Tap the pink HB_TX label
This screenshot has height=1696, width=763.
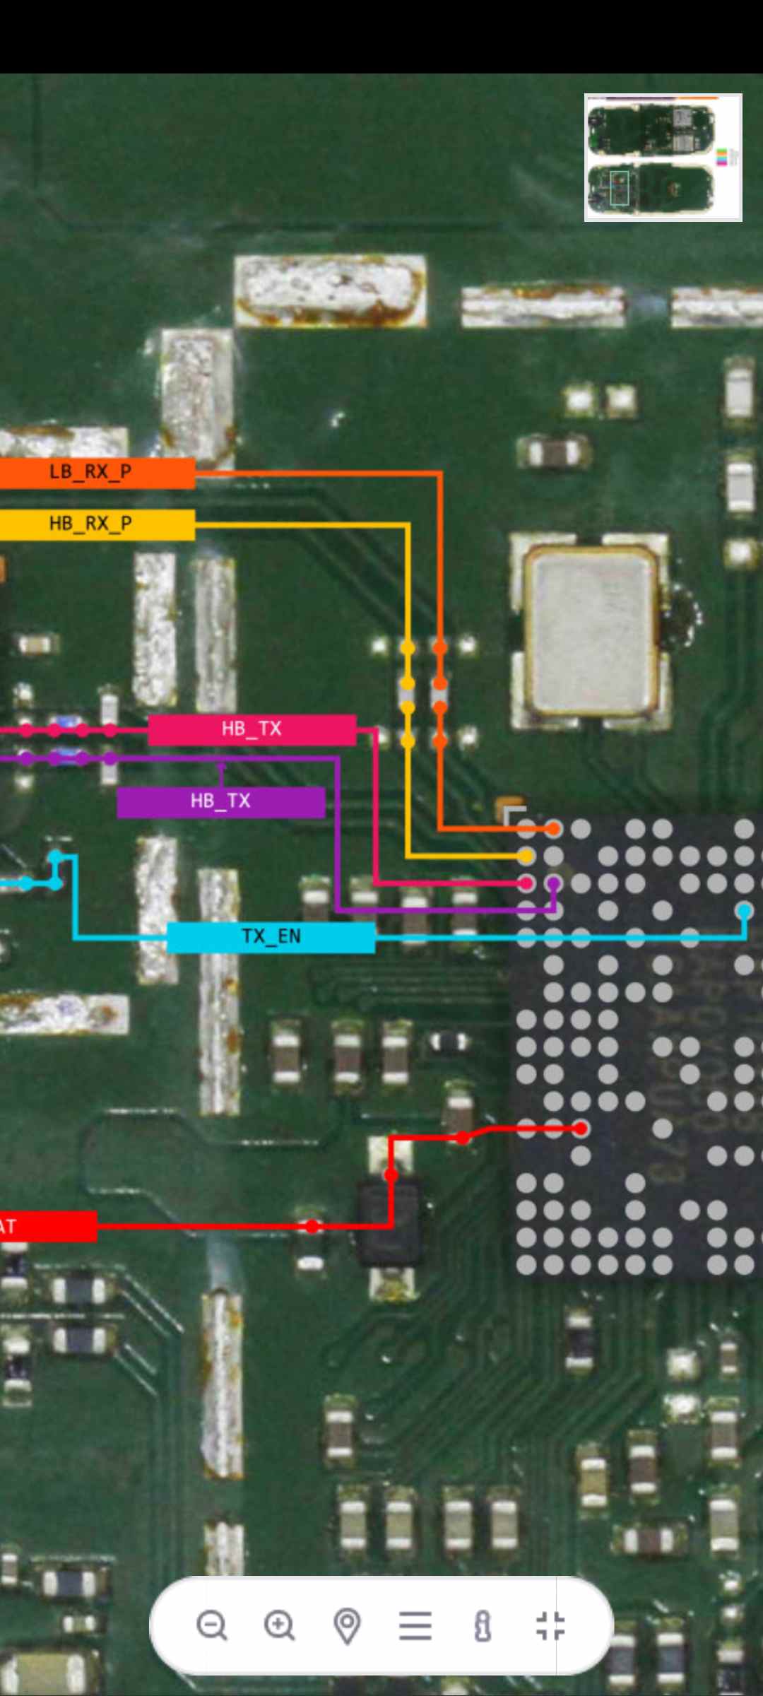coord(252,729)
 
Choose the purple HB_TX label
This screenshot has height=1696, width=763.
coord(220,801)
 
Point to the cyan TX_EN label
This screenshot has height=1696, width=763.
coord(271,936)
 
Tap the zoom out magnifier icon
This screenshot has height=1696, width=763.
coord(211,1625)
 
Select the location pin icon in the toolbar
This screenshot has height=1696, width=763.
coord(347,1625)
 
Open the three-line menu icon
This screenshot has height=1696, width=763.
coord(415,1625)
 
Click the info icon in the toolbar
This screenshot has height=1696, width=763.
coord(483,1625)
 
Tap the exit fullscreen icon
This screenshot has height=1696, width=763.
coord(550,1625)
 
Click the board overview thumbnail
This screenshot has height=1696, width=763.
coord(663,157)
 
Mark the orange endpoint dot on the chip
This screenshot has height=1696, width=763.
coord(553,828)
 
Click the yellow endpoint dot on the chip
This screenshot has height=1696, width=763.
coord(526,856)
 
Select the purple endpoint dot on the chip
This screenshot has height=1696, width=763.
coord(554,883)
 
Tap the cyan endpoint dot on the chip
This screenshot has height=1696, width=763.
coord(744,911)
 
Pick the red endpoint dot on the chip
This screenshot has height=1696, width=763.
coord(581,1129)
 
